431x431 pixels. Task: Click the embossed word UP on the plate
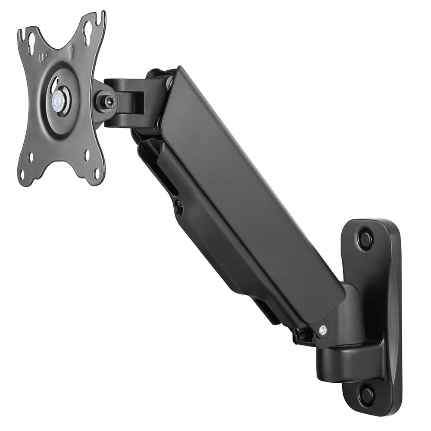point(44,57)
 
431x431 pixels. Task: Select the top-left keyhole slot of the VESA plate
point(31,40)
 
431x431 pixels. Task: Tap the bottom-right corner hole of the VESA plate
point(97,173)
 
